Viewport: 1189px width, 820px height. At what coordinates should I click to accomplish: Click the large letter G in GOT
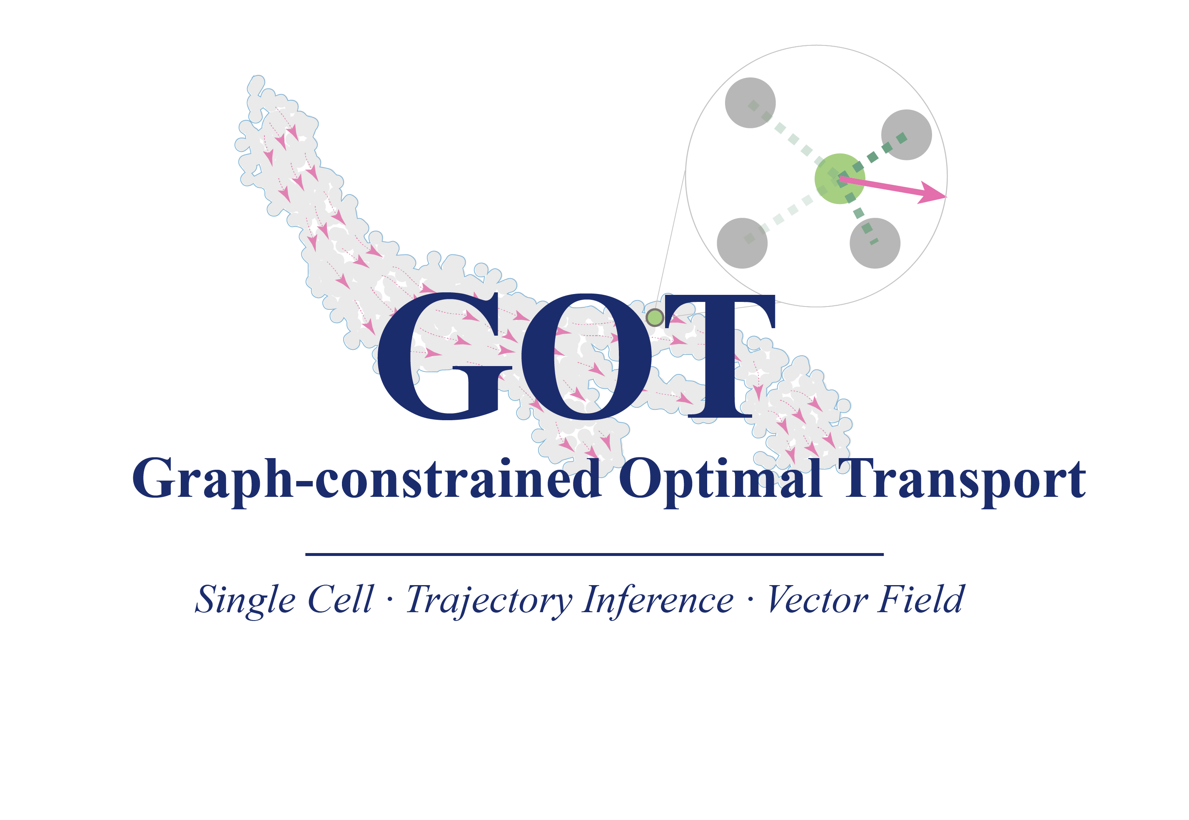(x=445, y=356)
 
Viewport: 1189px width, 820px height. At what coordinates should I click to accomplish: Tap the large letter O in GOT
(x=586, y=356)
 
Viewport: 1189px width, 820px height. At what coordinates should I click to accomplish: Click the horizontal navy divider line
(x=595, y=554)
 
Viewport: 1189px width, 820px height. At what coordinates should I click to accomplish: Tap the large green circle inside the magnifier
(x=840, y=179)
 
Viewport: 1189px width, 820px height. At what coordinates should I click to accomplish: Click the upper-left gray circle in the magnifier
(x=750, y=103)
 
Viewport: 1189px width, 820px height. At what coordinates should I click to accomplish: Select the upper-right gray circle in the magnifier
(x=906, y=135)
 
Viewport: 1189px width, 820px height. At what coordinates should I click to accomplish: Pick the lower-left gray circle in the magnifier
(x=742, y=243)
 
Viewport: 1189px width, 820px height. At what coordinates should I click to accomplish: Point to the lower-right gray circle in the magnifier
(x=875, y=243)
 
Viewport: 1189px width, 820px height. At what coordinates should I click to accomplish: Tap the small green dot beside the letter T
(x=655, y=317)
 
